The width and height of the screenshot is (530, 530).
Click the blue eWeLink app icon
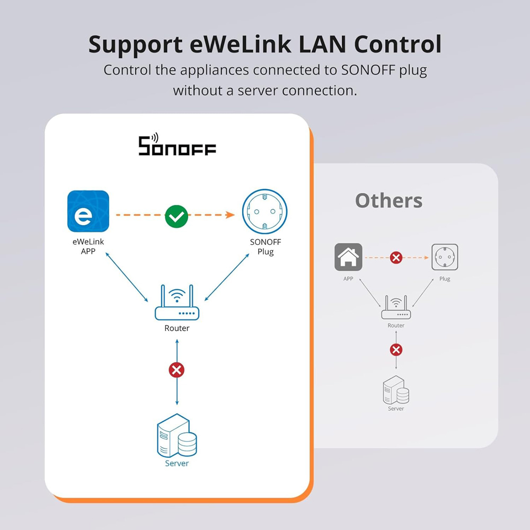coord(88,211)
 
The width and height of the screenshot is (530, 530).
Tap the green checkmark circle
coord(176,215)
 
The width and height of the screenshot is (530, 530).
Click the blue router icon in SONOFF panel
coord(177,304)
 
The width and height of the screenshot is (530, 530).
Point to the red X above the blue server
coord(176,370)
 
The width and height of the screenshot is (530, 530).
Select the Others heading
coord(388,201)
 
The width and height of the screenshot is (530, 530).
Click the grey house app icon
coord(348,257)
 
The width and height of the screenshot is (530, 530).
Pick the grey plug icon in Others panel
coord(445,257)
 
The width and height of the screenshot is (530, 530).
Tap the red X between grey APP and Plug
coord(396,258)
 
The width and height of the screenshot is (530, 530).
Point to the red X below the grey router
coord(396,350)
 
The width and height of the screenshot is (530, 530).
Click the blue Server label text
coord(176,463)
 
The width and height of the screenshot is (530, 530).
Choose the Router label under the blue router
coord(176,328)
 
